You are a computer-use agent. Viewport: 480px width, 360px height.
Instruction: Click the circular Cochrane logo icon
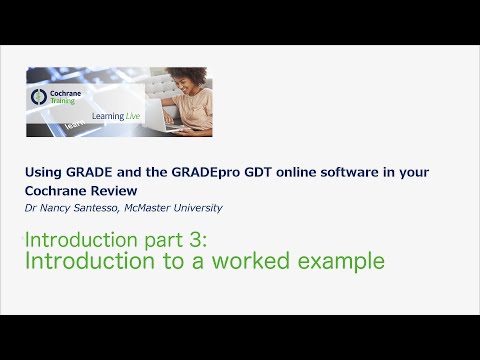40,97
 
